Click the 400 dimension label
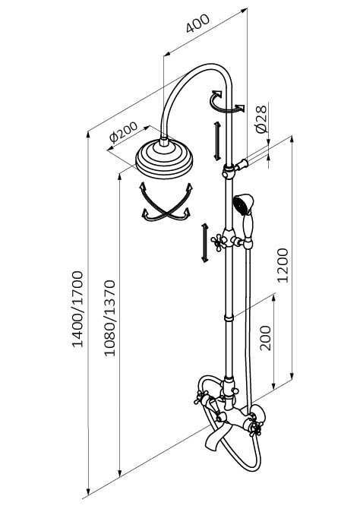197,24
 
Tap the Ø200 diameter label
123,132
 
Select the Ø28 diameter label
262,119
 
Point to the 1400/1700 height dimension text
77,308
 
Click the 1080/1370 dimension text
109,318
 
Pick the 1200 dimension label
283,265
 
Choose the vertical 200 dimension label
265,338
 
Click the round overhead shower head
164,158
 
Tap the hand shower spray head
243,204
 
